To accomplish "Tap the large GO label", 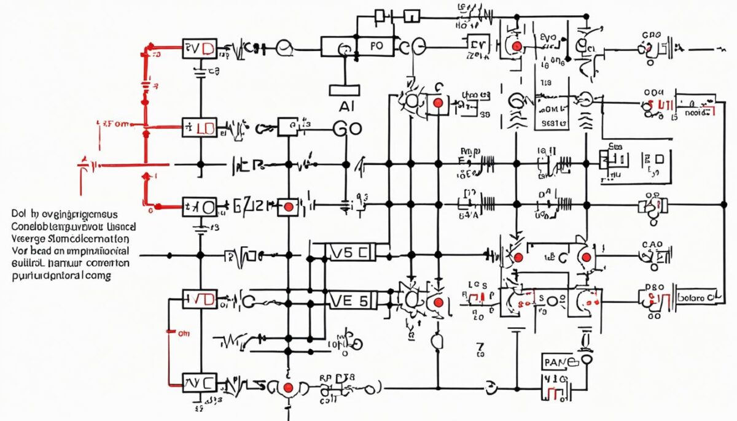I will point(347,128).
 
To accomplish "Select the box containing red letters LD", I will point(200,128).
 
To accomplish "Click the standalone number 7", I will point(480,349).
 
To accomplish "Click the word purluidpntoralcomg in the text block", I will point(61,276).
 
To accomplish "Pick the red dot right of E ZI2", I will point(287,207).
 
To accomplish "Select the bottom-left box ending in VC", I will point(200,384).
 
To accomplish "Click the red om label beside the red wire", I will point(184,334).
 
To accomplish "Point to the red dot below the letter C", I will point(437,103).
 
